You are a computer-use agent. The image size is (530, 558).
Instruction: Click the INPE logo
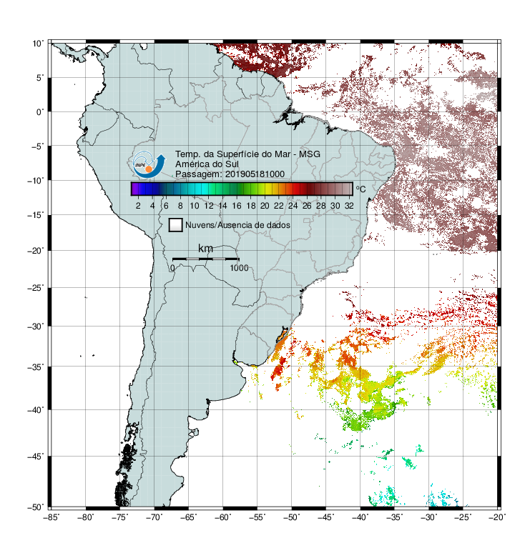(x=149, y=164)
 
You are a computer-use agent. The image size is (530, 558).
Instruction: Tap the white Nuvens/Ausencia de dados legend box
(x=176, y=225)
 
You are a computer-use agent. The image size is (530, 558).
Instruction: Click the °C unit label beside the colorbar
(x=360, y=189)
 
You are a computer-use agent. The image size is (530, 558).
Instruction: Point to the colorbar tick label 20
(x=265, y=206)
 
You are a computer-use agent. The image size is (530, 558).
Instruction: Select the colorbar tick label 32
(x=349, y=206)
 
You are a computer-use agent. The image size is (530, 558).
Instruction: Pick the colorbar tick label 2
(x=138, y=206)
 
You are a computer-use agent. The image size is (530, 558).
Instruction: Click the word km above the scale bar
(x=205, y=249)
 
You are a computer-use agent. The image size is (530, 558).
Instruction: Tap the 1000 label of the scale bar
(x=239, y=268)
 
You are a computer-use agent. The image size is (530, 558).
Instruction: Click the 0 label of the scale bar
(x=172, y=268)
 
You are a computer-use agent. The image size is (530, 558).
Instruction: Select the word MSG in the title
(x=310, y=154)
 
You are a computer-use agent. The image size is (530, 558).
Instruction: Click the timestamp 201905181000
(x=255, y=174)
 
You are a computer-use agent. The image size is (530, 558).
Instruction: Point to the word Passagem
(x=199, y=174)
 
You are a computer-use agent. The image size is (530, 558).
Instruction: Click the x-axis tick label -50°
(x=291, y=517)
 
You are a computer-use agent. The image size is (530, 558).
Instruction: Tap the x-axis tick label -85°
(x=51, y=517)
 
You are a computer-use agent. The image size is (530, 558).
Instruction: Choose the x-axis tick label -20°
(x=497, y=517)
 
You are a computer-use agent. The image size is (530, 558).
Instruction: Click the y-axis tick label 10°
(x=38, y=44)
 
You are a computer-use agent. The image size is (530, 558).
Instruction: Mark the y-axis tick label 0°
(x=40, y=112)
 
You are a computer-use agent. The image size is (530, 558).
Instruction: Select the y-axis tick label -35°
(x=36, y=367)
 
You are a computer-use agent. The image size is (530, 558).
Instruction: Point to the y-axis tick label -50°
(x=36, y=507)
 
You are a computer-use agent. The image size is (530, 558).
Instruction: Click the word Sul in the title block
(x=232, y=164)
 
